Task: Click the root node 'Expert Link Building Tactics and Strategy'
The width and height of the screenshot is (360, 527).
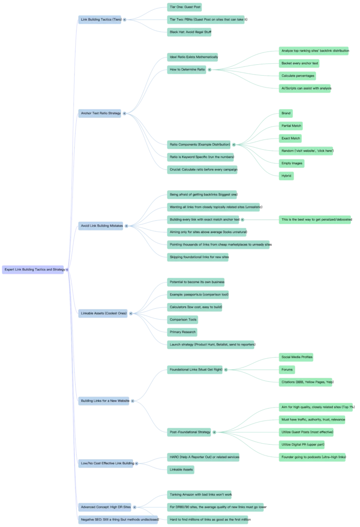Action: tap(34, 269)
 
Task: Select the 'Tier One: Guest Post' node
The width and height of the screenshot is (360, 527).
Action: tap(185, 7)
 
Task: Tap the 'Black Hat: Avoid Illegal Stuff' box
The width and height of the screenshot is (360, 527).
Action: tap(189, 32)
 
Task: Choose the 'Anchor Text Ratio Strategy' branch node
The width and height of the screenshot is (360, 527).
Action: tap(101, 113)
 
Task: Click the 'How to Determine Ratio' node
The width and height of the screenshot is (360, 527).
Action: tap(187, 69)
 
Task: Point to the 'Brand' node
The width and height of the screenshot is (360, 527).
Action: tap(286, 113)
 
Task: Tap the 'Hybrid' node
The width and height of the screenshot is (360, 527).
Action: tap(286, 175)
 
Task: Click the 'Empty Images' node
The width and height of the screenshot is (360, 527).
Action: tap(292, 163)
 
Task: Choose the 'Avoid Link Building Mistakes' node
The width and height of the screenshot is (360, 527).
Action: tap(101, 225)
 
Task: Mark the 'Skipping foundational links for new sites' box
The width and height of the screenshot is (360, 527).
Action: tap(200, 256)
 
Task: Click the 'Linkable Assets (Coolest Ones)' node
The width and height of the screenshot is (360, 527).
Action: tap(104, 313)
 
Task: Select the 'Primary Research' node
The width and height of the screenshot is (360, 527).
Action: tap(183, 332)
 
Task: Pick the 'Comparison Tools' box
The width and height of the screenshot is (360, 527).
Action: tap(183, 320)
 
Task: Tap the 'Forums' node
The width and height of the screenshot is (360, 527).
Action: tap(286, 369)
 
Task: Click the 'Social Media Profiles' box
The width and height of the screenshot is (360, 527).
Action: tap(297, 357)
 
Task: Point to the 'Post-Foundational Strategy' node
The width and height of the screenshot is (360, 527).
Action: tap(190, 432)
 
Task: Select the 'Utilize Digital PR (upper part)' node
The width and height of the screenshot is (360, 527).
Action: tap(302, 444)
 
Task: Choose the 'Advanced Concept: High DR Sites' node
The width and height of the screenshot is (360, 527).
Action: tap(106, 507)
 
